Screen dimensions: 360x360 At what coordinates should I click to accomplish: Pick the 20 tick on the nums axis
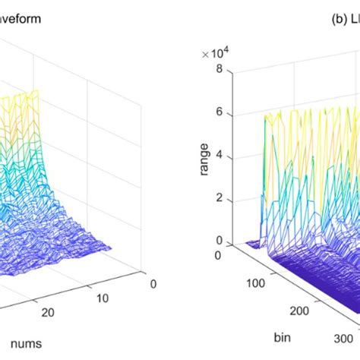[48, 313]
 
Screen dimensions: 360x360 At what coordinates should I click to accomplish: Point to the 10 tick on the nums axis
[102, 298]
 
